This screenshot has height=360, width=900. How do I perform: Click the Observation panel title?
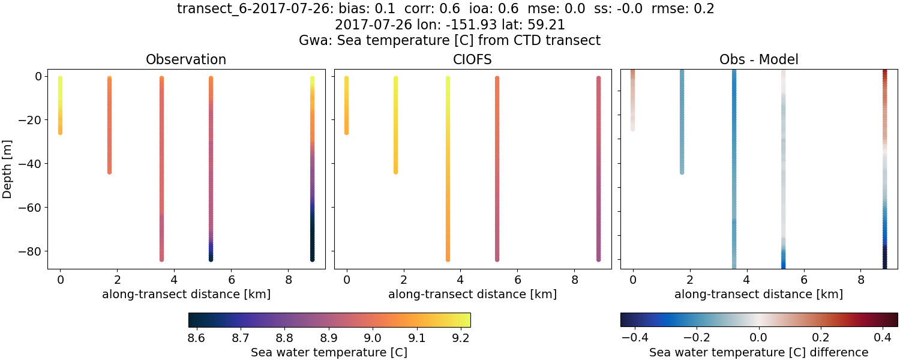(x=186, y=60)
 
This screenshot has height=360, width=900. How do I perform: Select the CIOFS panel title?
(x=472, y=60)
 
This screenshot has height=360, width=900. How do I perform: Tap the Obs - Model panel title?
(x=758, y=60)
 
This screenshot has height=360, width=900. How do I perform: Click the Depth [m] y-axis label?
(x=8, y=169)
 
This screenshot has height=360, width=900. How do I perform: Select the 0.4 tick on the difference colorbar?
(x=882, y=338)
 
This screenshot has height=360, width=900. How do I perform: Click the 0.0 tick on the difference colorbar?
(x=759, y=338)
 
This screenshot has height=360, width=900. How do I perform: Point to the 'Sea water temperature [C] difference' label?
(x=758, y=352)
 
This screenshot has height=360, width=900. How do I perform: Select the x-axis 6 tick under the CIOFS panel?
(x=517, y=280)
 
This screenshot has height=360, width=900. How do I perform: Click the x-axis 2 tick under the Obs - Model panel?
(x=689, y=280)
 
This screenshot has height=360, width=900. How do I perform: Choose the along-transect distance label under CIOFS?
(x=472, y=294)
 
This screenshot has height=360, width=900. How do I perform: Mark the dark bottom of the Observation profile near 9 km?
(x=312, y=252)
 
